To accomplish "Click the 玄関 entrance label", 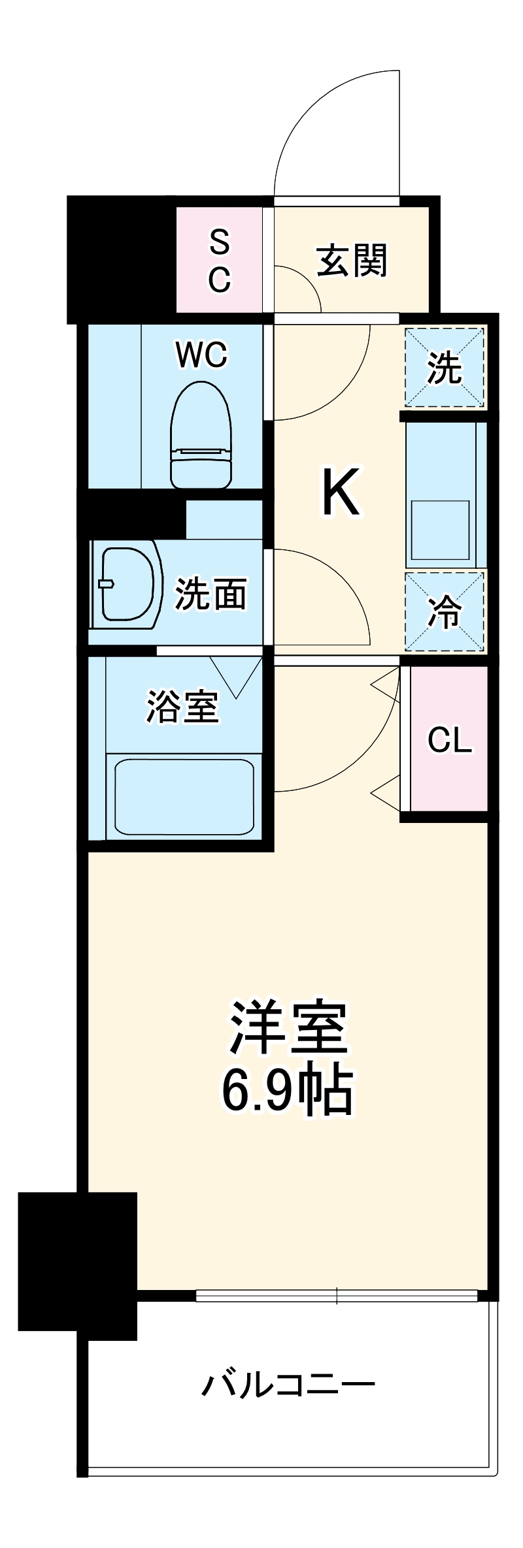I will pos(352,261).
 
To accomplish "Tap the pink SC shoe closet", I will pos(220,261).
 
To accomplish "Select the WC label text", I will pos(201,355).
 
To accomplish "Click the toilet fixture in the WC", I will pos(201,435).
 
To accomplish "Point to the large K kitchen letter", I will pos(341,492).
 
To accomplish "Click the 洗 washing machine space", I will pos(445,367).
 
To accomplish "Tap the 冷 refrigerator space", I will pos(445,612).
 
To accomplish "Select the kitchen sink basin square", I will pos(439,529).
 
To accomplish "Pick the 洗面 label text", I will pos(211,594).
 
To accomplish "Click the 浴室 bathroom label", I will pos(182,707).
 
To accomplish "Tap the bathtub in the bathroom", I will pos(184,797).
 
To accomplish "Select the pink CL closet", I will pos(449,739).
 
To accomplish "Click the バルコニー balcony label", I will pos(288,1385).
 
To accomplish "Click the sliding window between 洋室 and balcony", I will pos(337,1295).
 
